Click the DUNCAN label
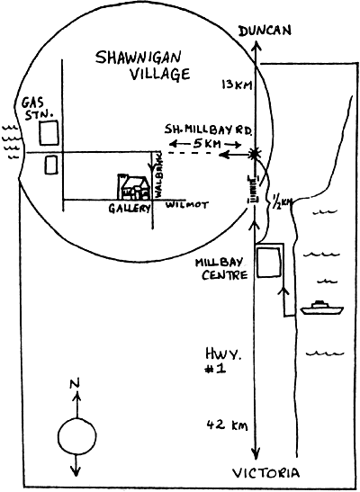tap(265, 31)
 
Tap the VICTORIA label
tap(265, 473)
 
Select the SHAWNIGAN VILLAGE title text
tap(143, 66)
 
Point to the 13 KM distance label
tap(238, 85)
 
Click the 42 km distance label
tap(227, 425)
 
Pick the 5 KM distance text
tap(207, 144)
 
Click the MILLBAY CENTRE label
tap(221, 269)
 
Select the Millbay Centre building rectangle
tap(268, 263)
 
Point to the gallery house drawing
tap(133, 187)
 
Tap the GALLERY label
tap(130, 208)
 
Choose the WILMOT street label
tap(186, 205)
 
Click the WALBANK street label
tap(157, 174)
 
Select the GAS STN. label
tap(36, 109)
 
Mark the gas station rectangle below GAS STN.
tap(49, 133)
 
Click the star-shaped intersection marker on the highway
tap(255, 154)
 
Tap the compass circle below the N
tap(76, 436)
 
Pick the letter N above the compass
tap(75, 383)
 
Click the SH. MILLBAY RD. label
tap(208, 130)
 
